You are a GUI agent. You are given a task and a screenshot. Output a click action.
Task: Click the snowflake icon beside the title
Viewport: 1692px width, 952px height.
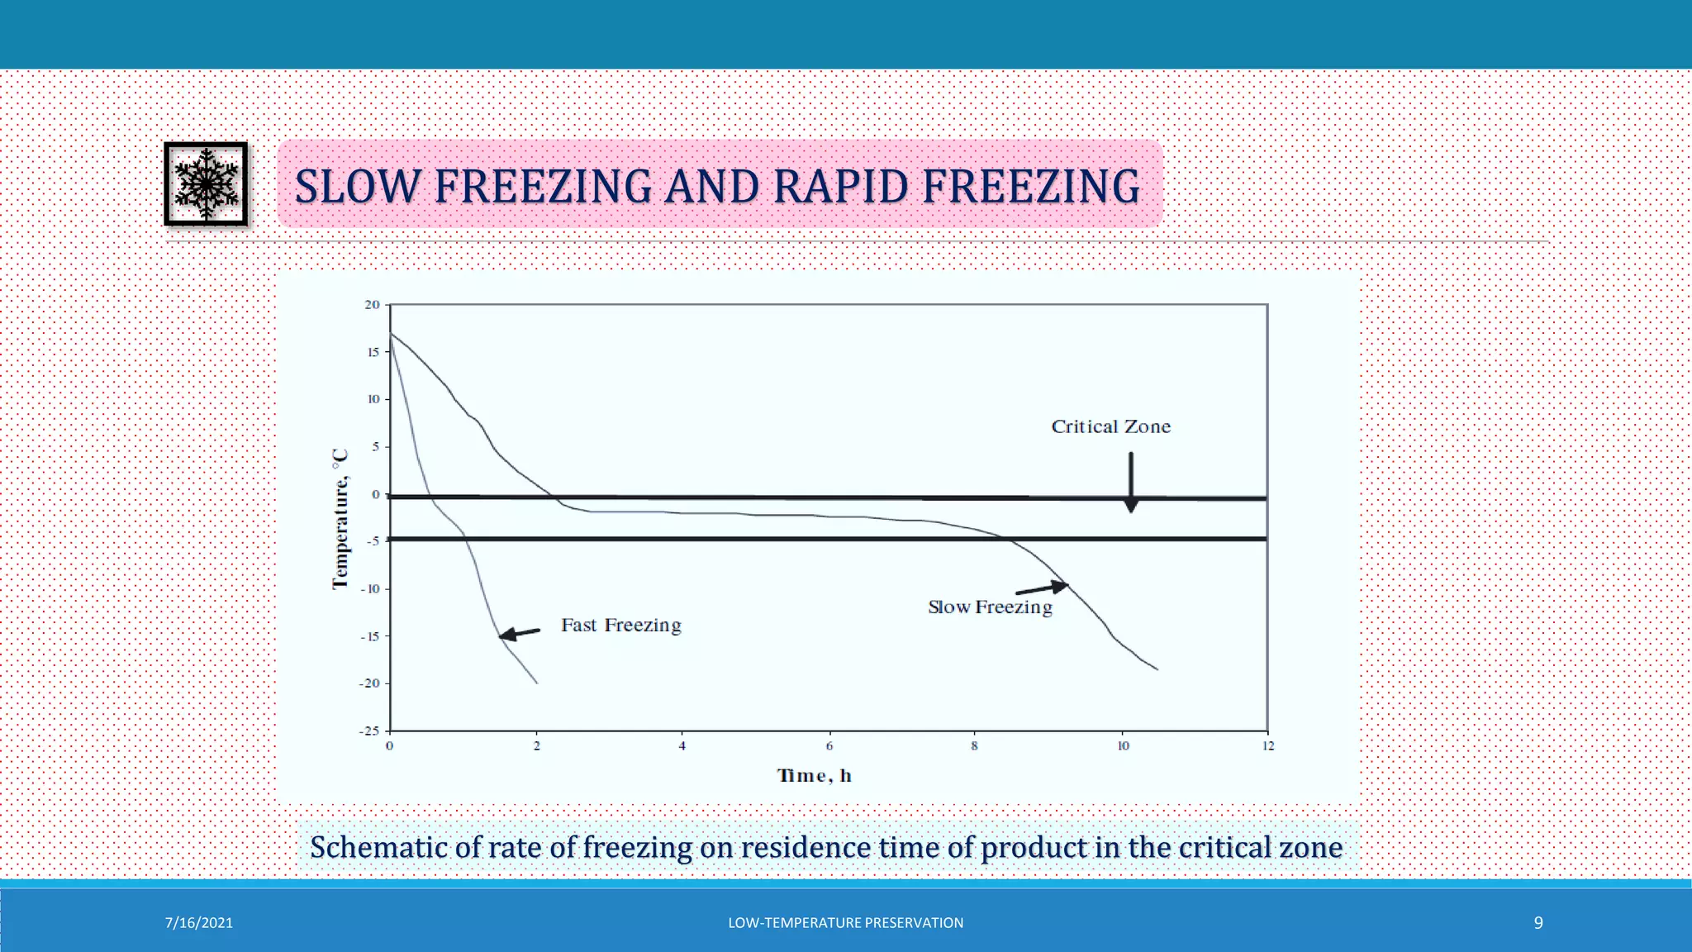206,183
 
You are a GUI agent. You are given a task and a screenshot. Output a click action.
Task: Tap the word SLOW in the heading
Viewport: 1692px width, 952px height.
358,186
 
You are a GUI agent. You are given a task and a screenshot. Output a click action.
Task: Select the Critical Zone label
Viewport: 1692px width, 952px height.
1110,426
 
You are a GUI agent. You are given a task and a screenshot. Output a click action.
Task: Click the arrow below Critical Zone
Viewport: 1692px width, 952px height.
1131,482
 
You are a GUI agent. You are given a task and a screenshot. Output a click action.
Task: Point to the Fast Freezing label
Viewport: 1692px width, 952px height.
620,625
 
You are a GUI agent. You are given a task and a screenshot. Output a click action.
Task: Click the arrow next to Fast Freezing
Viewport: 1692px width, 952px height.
520,634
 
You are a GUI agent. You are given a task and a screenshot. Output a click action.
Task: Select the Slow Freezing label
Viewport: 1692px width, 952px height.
990,607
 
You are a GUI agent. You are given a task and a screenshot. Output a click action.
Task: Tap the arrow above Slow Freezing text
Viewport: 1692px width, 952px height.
1042,588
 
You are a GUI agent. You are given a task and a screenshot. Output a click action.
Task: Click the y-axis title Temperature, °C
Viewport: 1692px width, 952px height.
340,519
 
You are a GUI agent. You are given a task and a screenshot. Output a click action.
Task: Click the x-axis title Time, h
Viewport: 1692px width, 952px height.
814,775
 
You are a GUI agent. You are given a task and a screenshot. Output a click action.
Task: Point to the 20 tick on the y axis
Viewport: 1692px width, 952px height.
373,305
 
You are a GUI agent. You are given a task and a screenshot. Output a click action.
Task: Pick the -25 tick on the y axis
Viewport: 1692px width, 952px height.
369,731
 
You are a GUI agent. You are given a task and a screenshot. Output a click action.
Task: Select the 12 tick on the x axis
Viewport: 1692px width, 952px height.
1267,745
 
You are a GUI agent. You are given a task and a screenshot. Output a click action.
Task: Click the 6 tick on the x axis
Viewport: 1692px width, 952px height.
829,745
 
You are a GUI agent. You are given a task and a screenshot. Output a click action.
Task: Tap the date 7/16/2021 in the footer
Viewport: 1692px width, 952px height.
198,923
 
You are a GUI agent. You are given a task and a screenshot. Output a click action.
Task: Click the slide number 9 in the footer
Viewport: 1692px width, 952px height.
1538,923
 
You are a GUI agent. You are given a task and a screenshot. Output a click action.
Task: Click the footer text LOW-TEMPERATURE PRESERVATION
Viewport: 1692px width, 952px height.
845,923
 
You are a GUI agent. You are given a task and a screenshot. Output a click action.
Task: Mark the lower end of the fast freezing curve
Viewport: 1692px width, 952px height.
537,683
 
